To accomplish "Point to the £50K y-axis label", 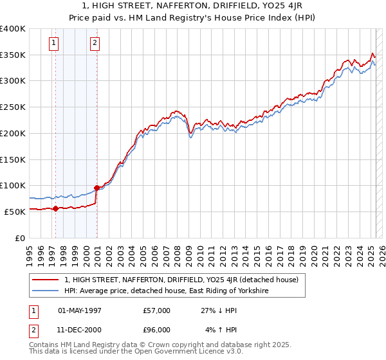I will pos(14,212).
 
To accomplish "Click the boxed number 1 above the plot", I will pos(53,44).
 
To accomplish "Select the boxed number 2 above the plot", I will pos(95,44).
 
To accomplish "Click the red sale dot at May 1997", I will pos(55,208).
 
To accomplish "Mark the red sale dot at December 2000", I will pos(96,188).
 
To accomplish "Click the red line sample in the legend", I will pos(46,280).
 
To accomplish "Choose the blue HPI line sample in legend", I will pos(46,291).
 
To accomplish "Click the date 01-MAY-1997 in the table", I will pos(80,310).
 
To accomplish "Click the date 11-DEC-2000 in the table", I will pos(80,331).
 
